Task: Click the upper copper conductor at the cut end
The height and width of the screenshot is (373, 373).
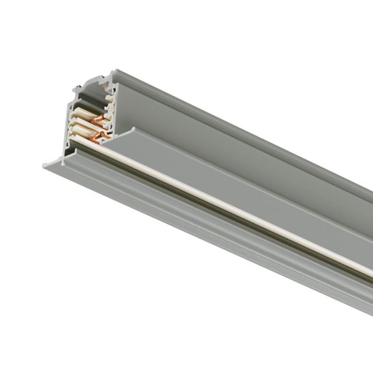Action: tap(97, 116)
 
